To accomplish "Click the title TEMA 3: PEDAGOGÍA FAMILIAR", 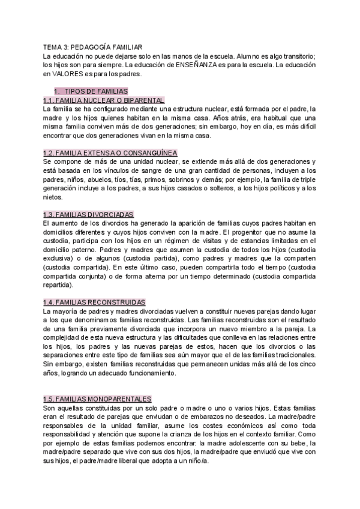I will pyautogui.click(x=93, y=46).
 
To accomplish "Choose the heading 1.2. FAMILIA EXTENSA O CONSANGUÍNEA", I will pyautogui.click(x=110, y=153).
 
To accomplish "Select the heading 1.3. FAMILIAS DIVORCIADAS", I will pyautogui.click(x=88, y=214).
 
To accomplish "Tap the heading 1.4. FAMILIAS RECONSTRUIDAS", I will pyautogui.click(x=95, y=303).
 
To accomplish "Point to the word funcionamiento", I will pyautogui.click(x=148, y=373).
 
